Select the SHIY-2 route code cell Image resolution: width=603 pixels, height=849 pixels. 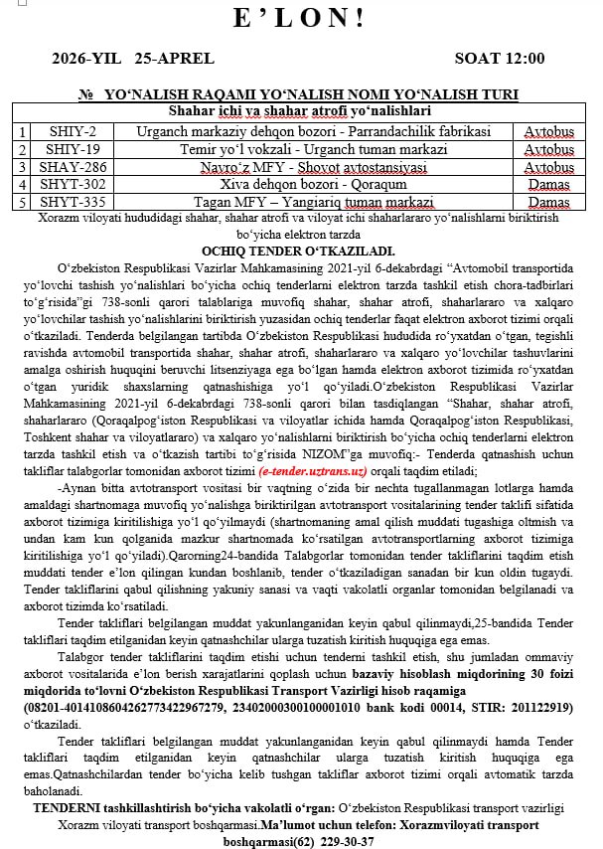(x=72, y=131)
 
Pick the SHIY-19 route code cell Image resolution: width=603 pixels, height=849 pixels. (x=72, y=149)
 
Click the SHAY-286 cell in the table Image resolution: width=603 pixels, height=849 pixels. (x=72, y=167)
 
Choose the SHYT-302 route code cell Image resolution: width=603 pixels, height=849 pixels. (x=72, y=184)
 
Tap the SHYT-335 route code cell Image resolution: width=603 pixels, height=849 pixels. (x=72, y=202)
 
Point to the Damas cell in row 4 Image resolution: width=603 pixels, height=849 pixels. (x=549, y=184)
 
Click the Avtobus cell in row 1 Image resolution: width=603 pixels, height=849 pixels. (x=549, y=131)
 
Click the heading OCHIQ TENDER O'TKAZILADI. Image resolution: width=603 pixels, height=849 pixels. (x=298, y=251)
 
